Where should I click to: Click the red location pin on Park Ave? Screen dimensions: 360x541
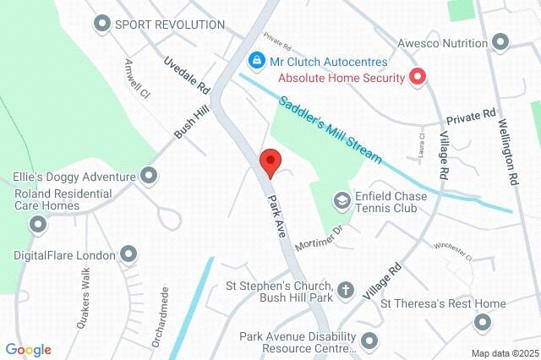pyautogui.click(x=270, y=161)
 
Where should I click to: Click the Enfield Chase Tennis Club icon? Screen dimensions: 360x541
pyautogui.click(x=342, y=199)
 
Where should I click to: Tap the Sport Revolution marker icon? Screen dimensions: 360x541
pyautogui.click(x=103, y=24)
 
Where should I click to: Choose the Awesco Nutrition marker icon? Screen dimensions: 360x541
pyautogui.click(x=500, y=42)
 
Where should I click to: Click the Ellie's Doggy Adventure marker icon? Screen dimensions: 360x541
pyautogui.click(x=150, y=177)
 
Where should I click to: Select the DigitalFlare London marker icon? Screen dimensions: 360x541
pyautogui.click(x=128, y=254)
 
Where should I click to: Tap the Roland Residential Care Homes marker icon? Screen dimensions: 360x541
pyautogui.click(x=38, y=224)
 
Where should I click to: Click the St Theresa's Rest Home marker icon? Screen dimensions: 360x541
pyautogui.click(x=483, y=322)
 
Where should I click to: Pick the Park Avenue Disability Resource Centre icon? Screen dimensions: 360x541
pyautogui.click(x=369, y=341)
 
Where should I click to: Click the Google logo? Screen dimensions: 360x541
pyautogui.click(x=29, y=349)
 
